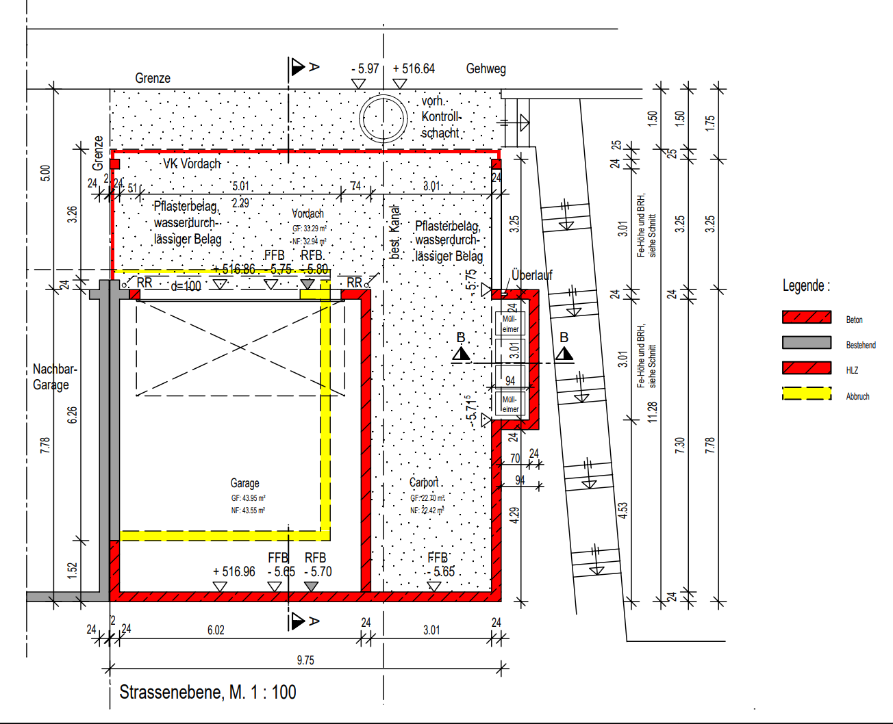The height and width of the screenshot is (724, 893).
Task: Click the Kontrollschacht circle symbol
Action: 383,118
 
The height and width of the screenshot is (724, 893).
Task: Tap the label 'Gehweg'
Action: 486,68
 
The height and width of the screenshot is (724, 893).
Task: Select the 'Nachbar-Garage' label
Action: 54,376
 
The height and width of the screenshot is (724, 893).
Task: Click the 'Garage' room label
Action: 244,483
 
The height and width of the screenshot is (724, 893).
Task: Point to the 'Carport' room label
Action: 424,482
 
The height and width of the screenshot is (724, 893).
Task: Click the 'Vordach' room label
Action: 307,214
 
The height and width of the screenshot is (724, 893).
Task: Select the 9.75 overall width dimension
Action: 305,660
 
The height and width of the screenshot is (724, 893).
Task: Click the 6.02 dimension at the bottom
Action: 216,630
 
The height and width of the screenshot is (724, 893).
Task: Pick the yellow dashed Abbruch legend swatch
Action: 806,393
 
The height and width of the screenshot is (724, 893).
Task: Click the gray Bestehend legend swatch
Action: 806,342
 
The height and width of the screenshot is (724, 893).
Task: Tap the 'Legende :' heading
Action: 806,285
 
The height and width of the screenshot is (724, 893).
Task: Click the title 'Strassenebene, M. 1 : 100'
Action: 207,692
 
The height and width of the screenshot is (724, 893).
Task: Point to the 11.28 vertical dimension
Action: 652,411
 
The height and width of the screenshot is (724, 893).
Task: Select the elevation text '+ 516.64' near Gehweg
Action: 414,68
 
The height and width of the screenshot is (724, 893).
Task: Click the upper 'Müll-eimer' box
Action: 510,323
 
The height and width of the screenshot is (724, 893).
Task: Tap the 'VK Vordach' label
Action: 192,164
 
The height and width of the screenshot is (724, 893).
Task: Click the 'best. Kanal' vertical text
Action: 394,231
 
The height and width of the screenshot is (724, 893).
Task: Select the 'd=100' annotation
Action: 186,286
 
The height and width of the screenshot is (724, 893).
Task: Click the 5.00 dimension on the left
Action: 45,172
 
